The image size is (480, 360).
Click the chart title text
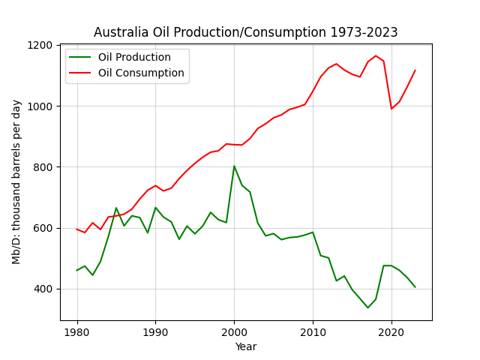pos(245,32)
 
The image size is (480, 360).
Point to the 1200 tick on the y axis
pos(40,45)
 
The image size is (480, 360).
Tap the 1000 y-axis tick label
pos(40,106)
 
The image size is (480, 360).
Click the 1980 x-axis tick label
pos(76,332)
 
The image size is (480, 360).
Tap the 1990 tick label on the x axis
pos(155,332)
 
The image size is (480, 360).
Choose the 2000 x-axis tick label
pos(234,332)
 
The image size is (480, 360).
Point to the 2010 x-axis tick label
pos(313,332)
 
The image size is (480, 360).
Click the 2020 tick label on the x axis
pos(391,332)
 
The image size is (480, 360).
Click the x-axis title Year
pos(246,346)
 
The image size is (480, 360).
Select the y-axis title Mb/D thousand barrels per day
pos(16,182)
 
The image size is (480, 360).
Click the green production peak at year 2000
pos(234,166)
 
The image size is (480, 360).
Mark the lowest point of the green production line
pos(368,307)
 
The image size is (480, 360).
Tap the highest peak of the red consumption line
pos(376,55)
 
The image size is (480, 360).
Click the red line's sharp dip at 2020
pos(391,109)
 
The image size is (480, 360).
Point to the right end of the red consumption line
pos(415,70)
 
